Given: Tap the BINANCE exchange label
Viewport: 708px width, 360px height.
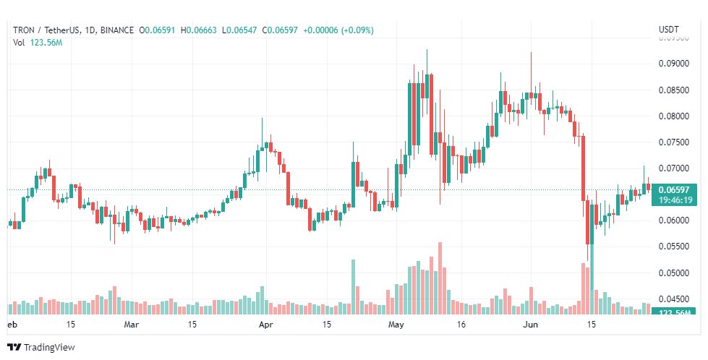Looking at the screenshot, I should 116,30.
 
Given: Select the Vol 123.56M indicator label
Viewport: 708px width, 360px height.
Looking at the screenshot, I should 38,43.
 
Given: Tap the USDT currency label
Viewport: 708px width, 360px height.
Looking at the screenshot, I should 668,30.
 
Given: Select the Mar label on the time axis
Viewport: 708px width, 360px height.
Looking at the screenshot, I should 131,325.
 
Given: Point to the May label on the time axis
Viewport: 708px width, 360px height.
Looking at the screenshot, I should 395,325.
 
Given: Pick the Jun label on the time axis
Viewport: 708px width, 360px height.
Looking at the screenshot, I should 531,325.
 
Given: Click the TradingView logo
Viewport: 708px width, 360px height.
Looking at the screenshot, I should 41,348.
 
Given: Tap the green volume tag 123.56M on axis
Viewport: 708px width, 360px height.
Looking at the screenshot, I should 673,312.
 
